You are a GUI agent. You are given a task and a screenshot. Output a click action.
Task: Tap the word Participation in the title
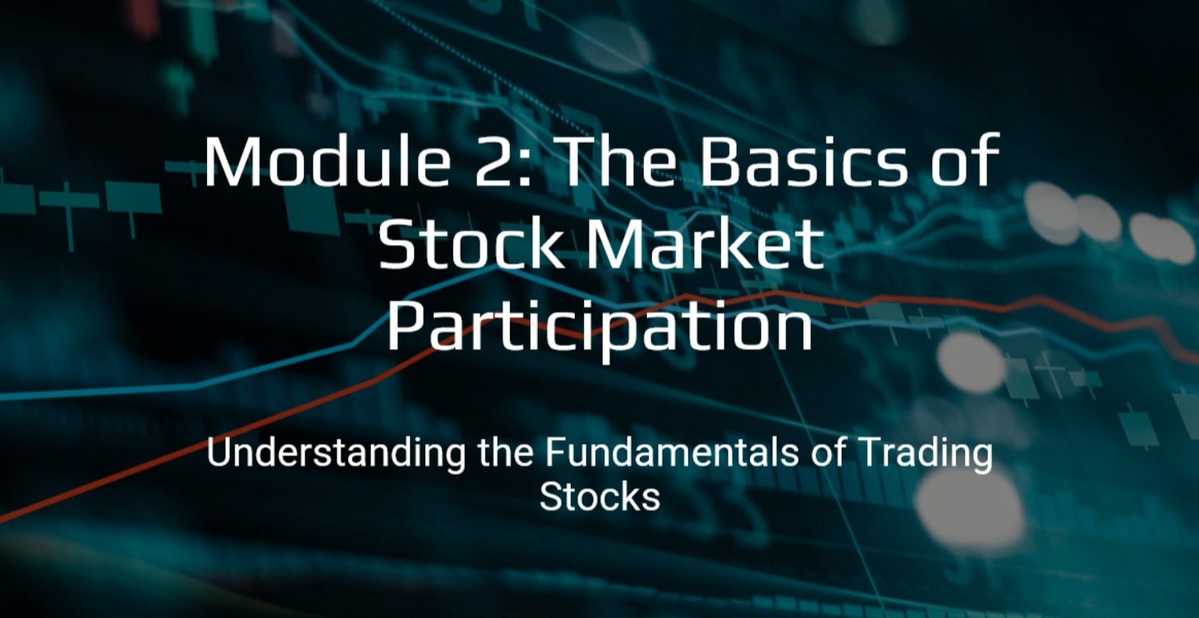(599, 329)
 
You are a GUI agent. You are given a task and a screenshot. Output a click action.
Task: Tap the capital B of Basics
(718, 162)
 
